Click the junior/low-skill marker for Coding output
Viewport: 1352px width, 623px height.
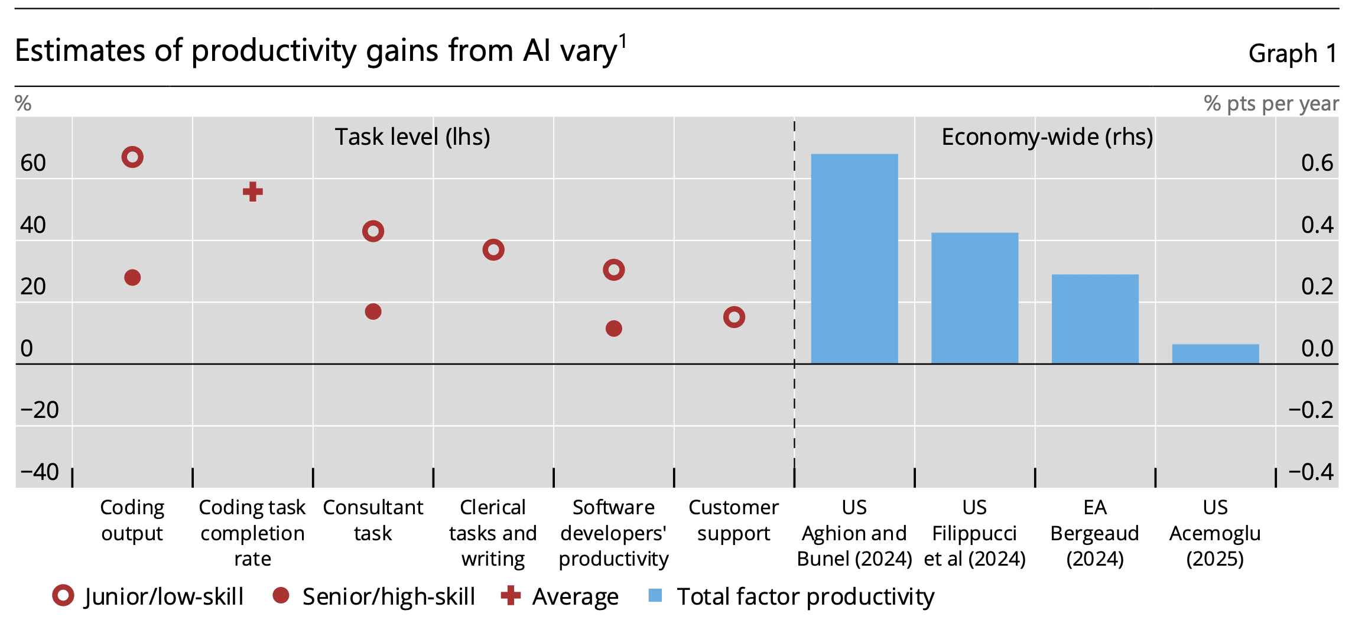(x=132, y=157)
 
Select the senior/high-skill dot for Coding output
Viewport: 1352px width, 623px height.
(x=132, y=277)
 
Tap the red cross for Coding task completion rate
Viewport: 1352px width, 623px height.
(x=253, y=192)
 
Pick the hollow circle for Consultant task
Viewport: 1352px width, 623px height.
(x=373, y=231)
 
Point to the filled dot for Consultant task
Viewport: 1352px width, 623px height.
(x=373, y=311)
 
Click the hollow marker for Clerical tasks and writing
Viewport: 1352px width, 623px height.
(x=493, y=250)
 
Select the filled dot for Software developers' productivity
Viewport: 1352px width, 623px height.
(x=614, y=329)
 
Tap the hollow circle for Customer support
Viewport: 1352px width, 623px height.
(x=734, y=317)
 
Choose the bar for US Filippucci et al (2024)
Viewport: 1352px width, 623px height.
(x=975, y=298)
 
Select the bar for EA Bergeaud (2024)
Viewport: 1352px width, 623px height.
(x=1095, y=319)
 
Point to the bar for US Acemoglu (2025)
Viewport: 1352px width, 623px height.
(x=1215, y=353)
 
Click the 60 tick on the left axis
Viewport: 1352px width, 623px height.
(x=33, y=163)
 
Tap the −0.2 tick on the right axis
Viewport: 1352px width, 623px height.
(x=1311, y=410)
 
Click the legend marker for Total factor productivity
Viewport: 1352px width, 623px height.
(x=655, y=596)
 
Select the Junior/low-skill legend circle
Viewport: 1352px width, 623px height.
(x=63, y=596)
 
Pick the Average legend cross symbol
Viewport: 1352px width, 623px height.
(x=511, y=596)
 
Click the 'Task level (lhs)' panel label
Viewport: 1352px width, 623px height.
(x=412, y=137)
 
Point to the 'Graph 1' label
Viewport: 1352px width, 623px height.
(x=1292, y=53)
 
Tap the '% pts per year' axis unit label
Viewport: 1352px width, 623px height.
(x=1271, y=104)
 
